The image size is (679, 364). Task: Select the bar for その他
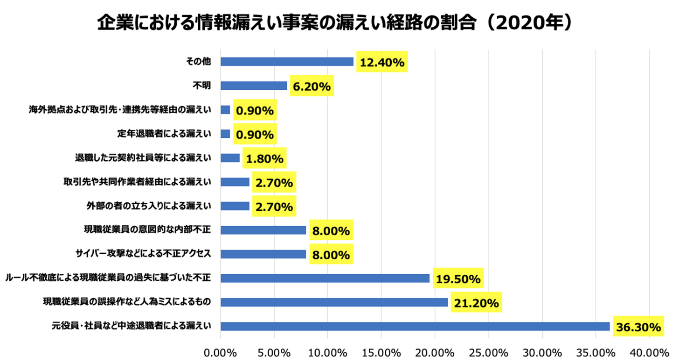point(287,62)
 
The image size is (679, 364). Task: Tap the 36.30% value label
point(638,327)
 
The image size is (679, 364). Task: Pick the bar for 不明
point(254,86)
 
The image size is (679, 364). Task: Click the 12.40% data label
point(382,62)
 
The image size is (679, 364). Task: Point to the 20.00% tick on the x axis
point(435,352)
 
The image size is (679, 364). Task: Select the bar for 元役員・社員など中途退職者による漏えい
point(415,326)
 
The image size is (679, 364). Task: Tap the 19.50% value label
point(458,279)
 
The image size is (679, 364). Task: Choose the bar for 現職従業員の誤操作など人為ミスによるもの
point(334,302)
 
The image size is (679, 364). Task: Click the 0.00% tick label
point(220,352)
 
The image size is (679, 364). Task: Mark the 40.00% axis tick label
point(649,352)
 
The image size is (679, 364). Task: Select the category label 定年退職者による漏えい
point(164,134)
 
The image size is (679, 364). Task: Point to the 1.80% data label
point(264,158)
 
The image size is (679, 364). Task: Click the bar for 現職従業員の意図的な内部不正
point(263,230)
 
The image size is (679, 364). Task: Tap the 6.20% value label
point(312,86)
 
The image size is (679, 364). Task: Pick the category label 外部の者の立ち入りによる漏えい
point(149,206)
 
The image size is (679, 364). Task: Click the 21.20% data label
point(476,303)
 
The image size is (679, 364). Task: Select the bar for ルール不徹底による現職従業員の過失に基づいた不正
point(325,278)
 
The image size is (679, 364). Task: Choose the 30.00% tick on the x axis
point(542,352)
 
